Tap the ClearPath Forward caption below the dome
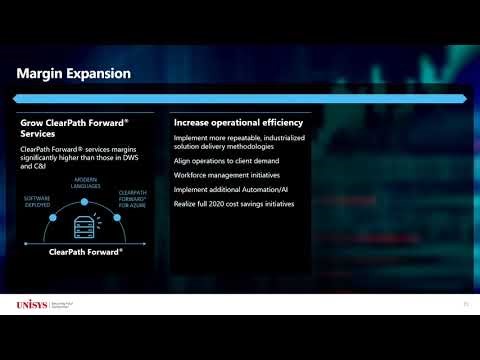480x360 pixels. (85, 252)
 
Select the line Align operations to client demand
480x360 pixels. (226, 160)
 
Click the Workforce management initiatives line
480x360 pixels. (226, 174)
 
